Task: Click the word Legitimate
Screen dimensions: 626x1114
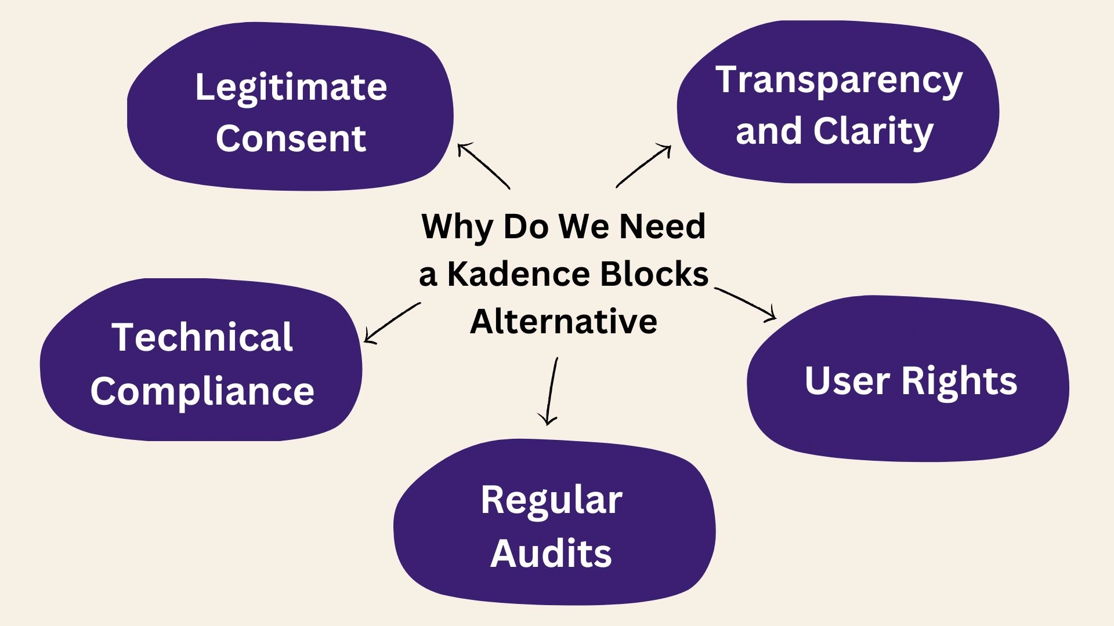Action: tap(291, 88)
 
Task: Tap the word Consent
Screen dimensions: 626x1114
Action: tap(291, 139)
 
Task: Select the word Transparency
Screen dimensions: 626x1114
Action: tap(839, 80)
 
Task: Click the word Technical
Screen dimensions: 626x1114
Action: tap(202, 337)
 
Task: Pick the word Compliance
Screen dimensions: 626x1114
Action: tap(202, 391)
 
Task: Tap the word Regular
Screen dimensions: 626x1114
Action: tap(551, 500)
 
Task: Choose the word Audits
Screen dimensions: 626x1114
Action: tap(551, 553)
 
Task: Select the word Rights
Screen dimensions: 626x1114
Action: tap(959, 381)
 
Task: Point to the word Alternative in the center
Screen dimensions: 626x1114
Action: tap(563, 322)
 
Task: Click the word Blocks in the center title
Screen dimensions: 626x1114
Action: tap(654, 274)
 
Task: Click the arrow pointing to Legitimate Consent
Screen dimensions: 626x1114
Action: tap(483, 165)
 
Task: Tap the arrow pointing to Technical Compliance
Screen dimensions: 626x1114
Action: tap(392, 323)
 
